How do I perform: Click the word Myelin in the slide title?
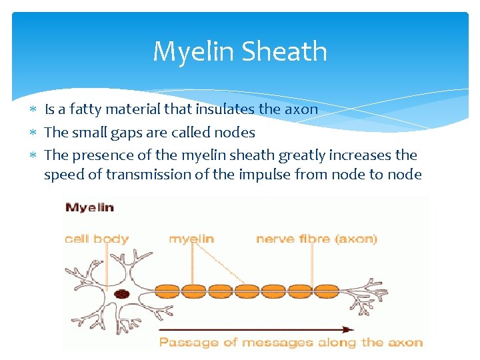(x=194, y=52)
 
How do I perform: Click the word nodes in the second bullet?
(x=233, y=132)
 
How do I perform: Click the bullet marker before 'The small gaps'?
(x=34, y=133)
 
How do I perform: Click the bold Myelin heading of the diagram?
(x=89, y=207)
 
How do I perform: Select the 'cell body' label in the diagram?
(x=97, y=239)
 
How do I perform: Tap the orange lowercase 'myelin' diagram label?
(x=191, y=239)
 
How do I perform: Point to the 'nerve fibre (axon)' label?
(x=317, y=239)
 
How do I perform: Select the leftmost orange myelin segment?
(x=169, y=289)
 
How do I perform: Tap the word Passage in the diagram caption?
(x=181, y=343)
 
